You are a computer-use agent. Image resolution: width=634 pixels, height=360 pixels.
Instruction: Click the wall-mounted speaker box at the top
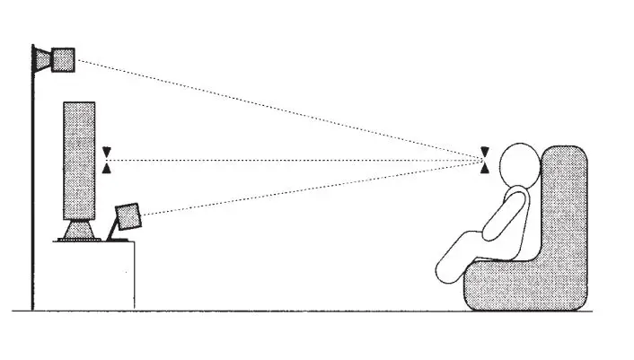pos(63,59)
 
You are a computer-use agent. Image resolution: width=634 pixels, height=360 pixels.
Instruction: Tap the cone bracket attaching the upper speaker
pos(43,58)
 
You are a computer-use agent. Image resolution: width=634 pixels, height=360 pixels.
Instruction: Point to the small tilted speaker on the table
pos(128,217)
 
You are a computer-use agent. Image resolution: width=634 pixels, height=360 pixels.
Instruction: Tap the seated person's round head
pos(515,166)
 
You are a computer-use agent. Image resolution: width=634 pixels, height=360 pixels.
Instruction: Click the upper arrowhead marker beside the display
pos(108,152)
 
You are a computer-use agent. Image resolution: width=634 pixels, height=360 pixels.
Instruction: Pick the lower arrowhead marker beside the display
pos(108,168)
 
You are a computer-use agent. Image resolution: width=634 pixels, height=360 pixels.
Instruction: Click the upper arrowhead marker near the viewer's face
pos(486,152)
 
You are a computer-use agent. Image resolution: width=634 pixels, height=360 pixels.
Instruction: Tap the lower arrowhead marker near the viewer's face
pos(486,168)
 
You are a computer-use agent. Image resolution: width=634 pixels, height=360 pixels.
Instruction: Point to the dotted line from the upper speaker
pos(269,106)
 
